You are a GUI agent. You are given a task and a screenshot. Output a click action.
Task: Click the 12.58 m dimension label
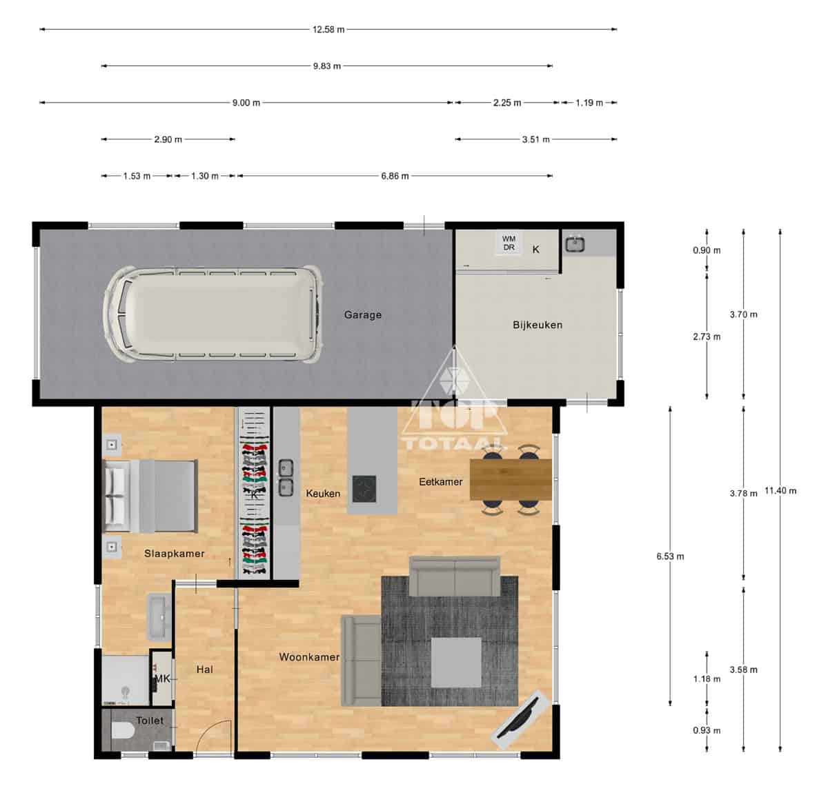(x=328, y=30)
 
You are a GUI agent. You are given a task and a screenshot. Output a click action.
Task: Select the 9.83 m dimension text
(x=327, y=66)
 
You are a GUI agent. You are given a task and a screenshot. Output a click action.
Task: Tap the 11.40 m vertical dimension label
(x=780, y=491)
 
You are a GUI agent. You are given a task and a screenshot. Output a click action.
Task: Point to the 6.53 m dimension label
(x=670, y=556)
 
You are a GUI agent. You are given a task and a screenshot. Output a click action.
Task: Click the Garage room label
(x=362, y=314)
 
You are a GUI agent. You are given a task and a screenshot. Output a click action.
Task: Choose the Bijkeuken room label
(x=538, y=325)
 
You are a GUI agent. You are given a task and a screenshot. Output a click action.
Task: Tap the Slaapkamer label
(x=175, y=553)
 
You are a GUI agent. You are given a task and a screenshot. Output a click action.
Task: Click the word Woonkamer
(x=309, y=657)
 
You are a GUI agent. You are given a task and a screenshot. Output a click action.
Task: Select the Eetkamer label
(x=440, y=482)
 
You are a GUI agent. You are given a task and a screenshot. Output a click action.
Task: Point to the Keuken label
(x=323, y=493)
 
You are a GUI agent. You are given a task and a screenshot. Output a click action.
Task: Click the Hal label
(x=205, y=670)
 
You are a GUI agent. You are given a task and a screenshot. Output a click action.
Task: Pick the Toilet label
(x=150, y=721)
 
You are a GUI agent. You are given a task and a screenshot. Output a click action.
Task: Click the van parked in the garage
(x=212, y=314)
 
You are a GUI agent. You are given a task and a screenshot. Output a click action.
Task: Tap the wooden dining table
(x=511, y=479)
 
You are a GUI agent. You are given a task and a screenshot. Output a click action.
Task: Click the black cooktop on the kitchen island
(x=364, y=489)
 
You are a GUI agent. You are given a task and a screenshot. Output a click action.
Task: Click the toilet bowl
(x=123, y=731)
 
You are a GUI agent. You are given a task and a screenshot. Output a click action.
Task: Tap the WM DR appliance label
(x=509, y=243)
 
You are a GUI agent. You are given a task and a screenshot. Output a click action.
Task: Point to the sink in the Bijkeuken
(x=575, y=244)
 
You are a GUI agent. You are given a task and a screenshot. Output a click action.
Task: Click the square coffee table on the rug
(x=456, y=663)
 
